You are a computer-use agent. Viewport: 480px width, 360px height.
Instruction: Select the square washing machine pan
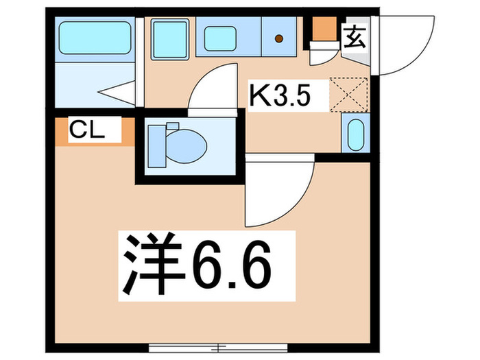(169, 37)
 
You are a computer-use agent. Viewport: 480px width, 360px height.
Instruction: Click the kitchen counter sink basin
(220, 38)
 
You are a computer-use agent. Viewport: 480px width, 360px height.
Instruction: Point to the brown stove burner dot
(279, 39)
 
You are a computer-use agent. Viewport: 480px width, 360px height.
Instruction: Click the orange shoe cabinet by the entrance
(325, 29)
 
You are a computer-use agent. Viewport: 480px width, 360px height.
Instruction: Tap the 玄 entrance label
(355, 34)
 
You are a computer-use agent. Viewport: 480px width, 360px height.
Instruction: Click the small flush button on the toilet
(171, 127)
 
